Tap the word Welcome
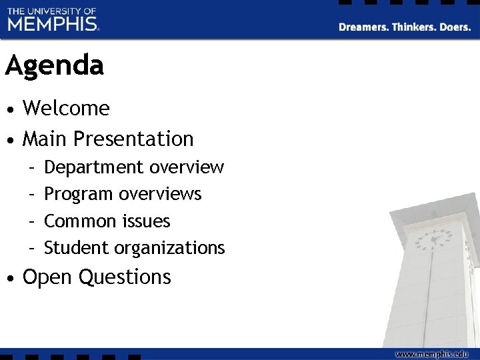coord(66,108)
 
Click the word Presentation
coord(133,139)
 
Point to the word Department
coord(94,167)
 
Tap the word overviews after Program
coord(160,194)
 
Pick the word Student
coord(77,248)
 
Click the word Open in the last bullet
coord(47,277)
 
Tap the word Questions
coord(125,277)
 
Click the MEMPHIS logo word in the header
coord(53,24)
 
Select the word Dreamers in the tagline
coord(363,27)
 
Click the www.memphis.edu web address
coord(433,353)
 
